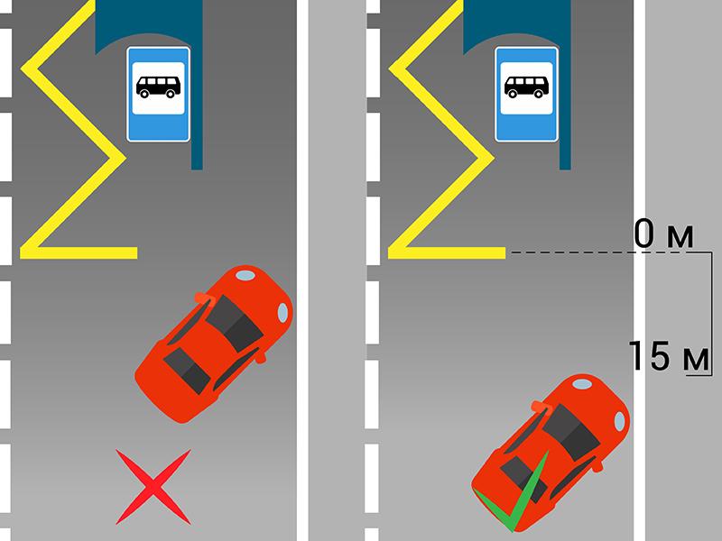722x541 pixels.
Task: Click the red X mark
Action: pos(153,487)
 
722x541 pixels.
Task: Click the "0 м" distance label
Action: pos(663,234)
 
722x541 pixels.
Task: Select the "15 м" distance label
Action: pos(669,355)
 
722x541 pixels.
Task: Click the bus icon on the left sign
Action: pos(158,87)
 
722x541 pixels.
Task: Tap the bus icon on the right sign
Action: pos(526,87)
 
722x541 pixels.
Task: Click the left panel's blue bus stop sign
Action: pos(159,94)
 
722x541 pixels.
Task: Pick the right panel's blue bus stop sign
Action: pos(527,94)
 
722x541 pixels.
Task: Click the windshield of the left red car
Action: pos(234,323)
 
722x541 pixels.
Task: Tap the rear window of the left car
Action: pos(187,371)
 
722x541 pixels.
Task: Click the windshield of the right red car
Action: pos(571,432)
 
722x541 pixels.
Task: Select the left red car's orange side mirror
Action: pos(206,299)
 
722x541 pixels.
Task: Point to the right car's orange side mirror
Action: pos(541,408)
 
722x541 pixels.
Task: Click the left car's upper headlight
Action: pos(245,276)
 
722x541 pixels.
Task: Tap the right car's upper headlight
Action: pos(582,384)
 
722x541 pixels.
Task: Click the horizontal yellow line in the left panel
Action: pos(79,253)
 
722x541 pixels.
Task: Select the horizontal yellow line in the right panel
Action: pos(447,253)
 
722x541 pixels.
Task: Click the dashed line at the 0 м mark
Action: pos(611,252)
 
